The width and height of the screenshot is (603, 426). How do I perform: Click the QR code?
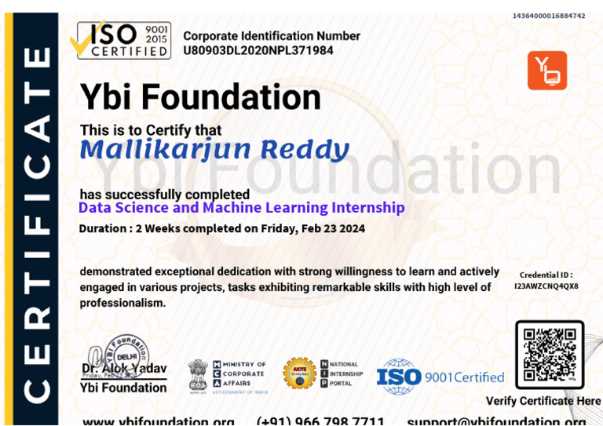550,355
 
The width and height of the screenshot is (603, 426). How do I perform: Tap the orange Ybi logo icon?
547,71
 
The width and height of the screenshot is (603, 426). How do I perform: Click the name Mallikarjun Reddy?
214,148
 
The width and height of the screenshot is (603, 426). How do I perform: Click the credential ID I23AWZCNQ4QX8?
546,286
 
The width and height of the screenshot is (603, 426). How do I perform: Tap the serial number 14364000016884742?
548,16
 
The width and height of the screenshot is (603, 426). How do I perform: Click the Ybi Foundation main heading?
200,98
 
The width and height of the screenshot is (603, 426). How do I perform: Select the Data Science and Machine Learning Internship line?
242,208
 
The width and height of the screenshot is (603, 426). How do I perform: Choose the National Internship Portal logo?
342,373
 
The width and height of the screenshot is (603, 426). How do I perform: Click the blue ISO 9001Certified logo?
440,377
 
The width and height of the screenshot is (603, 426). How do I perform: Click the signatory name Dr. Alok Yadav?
124,369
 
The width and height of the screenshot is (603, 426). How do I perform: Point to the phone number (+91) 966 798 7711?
320,421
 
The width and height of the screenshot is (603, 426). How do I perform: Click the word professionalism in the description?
122,303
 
